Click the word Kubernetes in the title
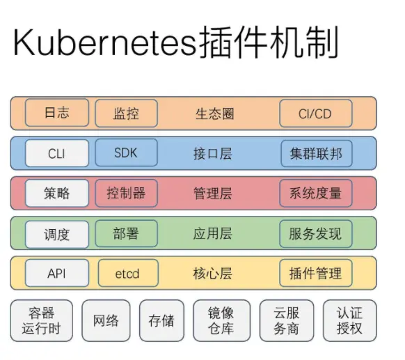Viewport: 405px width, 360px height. [105, 42]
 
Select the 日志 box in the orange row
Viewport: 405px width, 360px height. [57, 113]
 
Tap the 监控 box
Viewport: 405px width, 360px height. [127, 114]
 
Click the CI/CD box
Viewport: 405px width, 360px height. [316, 114]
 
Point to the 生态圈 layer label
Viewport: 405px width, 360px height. [214, 114]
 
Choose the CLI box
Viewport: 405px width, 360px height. [57, 153]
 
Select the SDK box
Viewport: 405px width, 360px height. [127, 152]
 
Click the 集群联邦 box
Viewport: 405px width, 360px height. [317, 153]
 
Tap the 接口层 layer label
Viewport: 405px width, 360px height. [213, 154]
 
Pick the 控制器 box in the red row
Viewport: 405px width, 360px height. [127, 193]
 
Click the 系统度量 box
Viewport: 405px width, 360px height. [316, 193]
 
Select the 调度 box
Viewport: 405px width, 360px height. [57, 235]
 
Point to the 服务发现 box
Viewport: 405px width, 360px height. [316, 234]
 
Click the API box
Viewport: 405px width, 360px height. [57, 273]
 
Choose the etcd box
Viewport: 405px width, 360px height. [128, 273]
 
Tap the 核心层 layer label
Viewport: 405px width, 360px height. [213, 274]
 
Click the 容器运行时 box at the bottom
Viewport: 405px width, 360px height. [42, 320]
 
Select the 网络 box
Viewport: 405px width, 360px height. [106, 320]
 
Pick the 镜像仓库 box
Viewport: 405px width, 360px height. [221, 320]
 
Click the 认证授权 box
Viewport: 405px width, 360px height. [350, 320]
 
